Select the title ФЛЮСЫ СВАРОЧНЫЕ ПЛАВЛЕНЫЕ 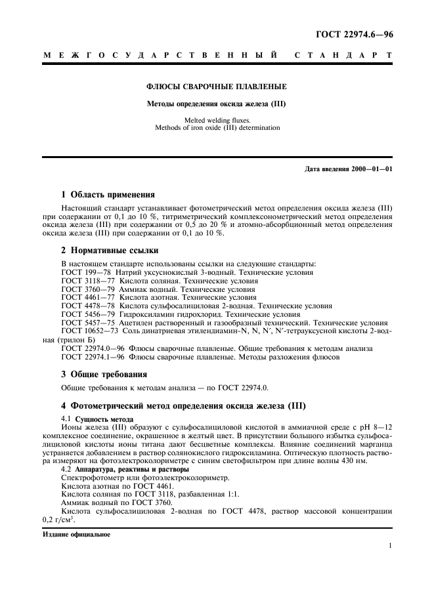coord(216,86)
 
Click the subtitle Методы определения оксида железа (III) coord(216,103)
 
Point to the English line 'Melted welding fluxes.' coord(217,120)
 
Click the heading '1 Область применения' coord(108,194)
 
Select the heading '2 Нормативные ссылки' coord(108,251)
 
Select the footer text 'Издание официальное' coord(76,534)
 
